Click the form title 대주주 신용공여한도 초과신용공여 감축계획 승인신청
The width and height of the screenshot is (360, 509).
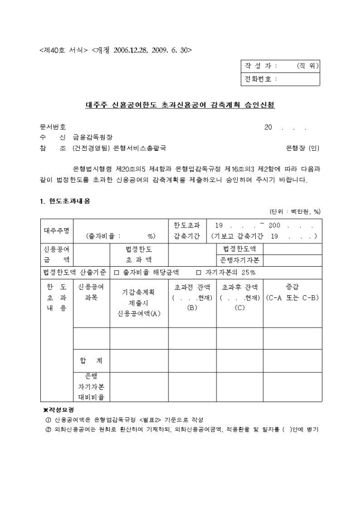[180, 105]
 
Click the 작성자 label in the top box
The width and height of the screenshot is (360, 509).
[260, 66]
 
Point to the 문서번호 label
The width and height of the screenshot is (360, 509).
[53, 127]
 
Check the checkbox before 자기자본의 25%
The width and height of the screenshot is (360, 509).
[199, 273]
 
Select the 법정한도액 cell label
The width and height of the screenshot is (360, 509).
[239, 249]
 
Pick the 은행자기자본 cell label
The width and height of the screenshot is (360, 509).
[239, 260]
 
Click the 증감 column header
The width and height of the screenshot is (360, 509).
[292, 287]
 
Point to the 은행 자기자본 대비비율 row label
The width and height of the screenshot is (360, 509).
[91, 387]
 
